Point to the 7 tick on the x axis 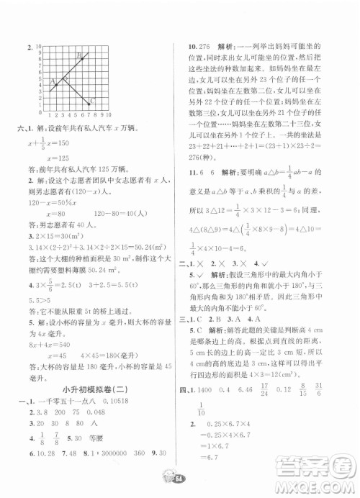coord(88,114)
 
